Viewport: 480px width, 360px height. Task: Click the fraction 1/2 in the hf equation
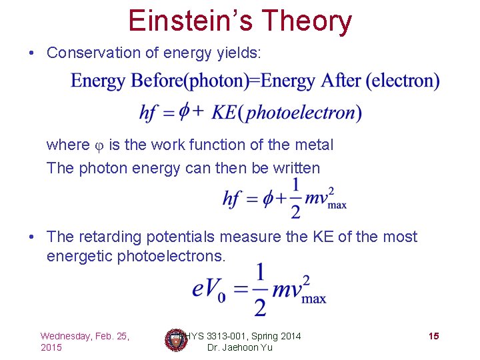coord(295,198)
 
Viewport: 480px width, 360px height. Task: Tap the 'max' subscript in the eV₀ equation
coord(314,299)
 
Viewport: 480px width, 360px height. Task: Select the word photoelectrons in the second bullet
coord(172,256)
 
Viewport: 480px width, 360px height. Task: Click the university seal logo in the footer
coord(175,340)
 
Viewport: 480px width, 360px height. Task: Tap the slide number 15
coord(433,336)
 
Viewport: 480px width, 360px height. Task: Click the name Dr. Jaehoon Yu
coord(240,348)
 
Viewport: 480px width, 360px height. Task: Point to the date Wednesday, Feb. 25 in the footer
coord(85,336)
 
